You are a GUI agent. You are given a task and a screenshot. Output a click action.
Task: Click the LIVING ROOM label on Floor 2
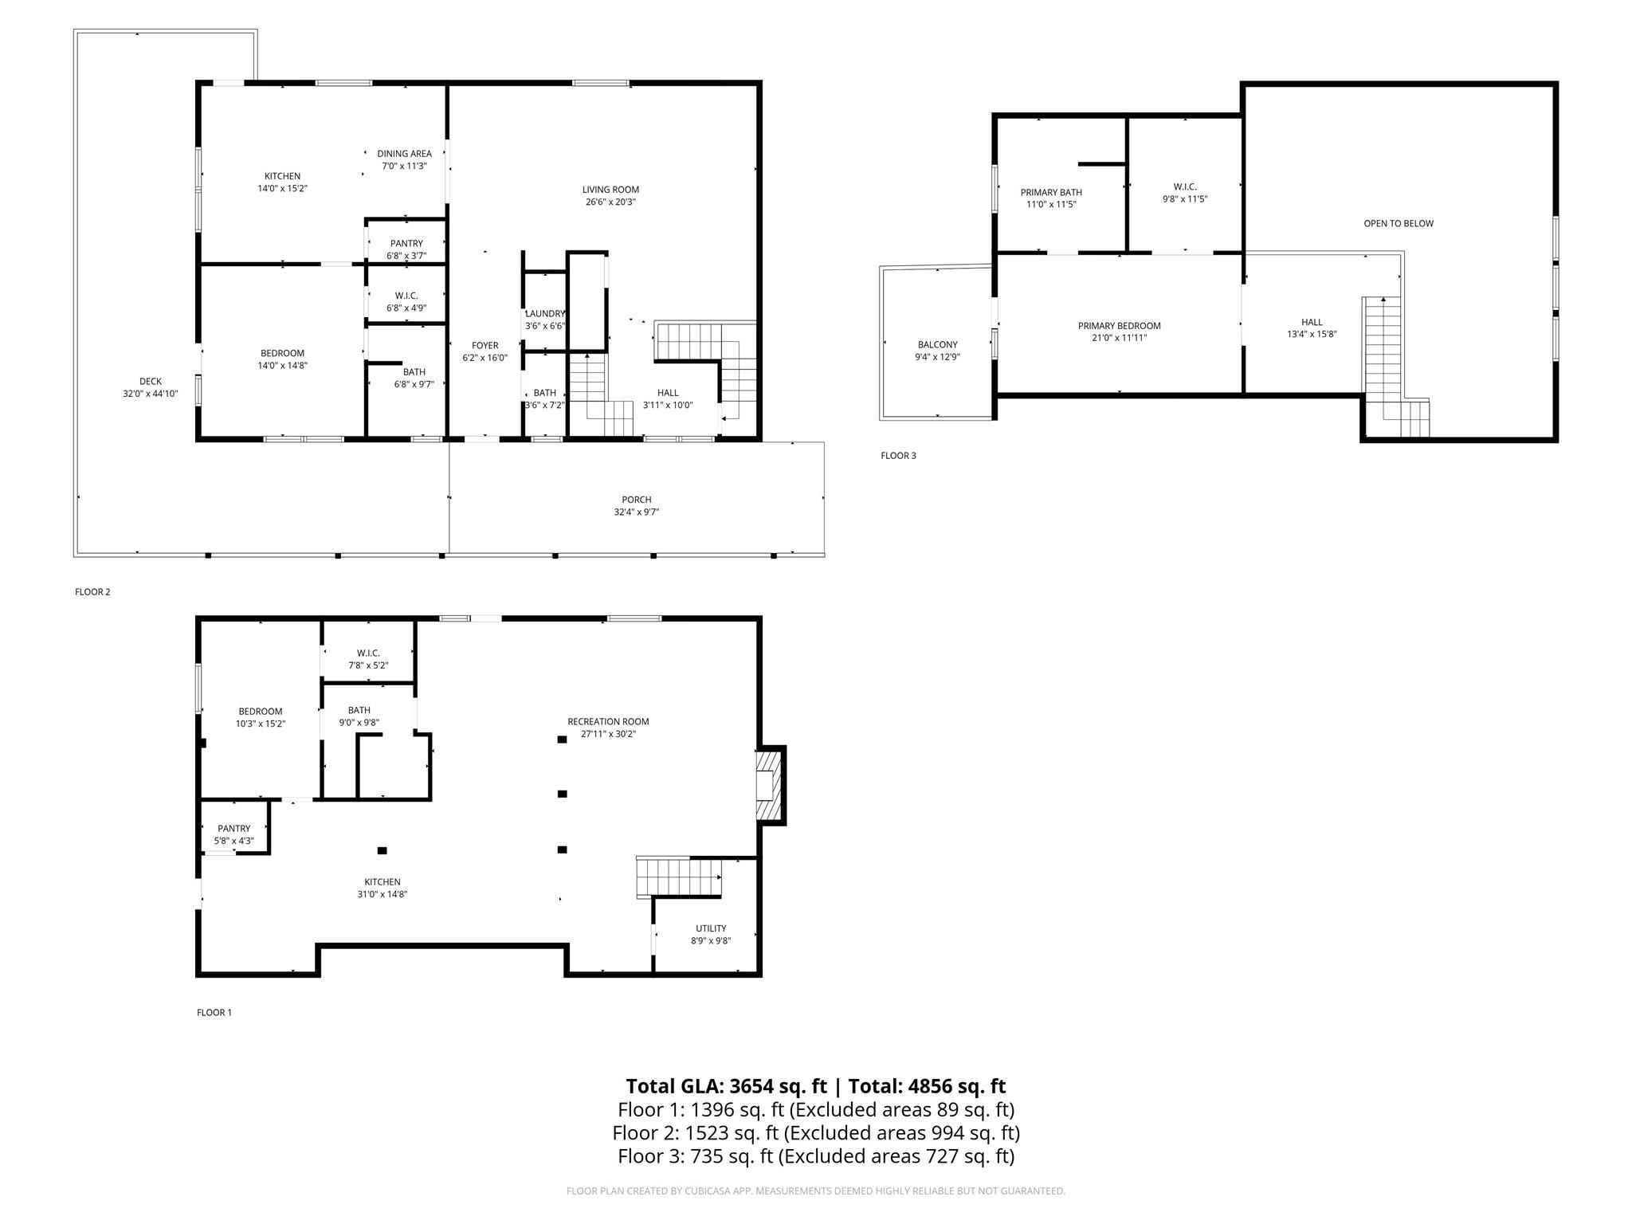pos(610,190)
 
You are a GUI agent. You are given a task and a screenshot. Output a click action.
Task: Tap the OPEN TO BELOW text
pos(1398,224)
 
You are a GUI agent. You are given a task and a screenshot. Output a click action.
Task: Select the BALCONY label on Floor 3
pos(937,345)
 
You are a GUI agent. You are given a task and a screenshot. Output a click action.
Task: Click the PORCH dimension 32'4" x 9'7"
pos(636,512)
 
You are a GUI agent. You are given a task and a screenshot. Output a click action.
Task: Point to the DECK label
pos(151,382)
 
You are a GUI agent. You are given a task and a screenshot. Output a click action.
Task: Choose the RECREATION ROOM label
pos(608,722)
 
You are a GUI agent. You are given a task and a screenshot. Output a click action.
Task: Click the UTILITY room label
pos(711,928)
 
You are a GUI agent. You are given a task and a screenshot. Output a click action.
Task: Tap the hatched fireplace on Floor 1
pos(766,786)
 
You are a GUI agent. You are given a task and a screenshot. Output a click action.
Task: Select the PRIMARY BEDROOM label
pos(1119,326)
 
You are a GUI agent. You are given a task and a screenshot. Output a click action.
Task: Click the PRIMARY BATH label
pos(1051,193)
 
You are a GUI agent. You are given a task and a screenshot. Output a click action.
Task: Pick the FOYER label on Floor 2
pos(484,346)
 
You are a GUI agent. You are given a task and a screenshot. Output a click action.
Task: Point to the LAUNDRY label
pos(545,314)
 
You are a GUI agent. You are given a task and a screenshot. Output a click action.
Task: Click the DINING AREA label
pos(404,154)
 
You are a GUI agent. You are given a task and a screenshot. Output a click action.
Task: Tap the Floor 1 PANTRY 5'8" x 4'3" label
pos(233,834)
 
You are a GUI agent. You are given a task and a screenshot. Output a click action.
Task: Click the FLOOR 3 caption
pos(898,456)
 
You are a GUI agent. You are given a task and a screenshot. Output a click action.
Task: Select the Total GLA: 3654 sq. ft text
pos(726,1086)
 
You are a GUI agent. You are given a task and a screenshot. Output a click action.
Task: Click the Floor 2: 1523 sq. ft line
pos(815,1132)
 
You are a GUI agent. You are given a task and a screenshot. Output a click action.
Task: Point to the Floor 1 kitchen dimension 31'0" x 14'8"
pos(382,894)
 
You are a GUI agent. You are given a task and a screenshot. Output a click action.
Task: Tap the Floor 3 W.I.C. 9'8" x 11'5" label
pos(1185,193)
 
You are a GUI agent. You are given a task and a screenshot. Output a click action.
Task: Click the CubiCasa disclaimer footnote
pos(815,1191)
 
